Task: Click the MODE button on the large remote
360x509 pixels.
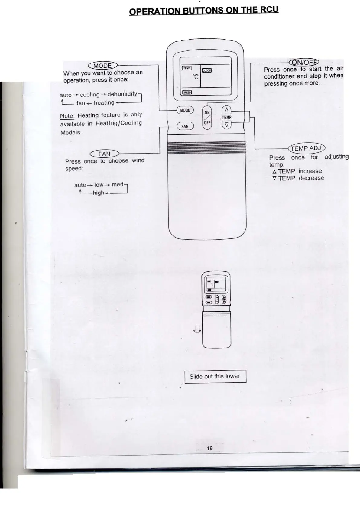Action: [x=185, y=110]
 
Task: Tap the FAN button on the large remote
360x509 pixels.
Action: [x=185, y=126]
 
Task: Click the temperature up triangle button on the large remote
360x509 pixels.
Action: [x=226, y=110]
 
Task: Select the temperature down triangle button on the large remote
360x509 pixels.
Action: [x=227, y=125]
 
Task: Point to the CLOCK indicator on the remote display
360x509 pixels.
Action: [x=207, y=70]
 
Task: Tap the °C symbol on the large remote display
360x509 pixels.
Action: [x=196, y=77]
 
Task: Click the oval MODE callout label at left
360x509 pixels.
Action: [x=103, y=66]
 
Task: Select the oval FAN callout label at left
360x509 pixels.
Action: [x=104, y=154]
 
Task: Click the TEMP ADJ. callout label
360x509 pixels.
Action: [x=306, y=148]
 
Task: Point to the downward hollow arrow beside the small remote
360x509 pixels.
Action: [x=197, y=329]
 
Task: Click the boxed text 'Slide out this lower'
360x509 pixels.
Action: [x=215, y=376]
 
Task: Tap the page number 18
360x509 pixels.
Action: [x=210, y=448]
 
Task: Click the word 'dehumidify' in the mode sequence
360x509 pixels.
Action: [x=122, y=94]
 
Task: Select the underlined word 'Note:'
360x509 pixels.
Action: [x=67, y=116]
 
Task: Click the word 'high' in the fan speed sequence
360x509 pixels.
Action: [x=98, y=193]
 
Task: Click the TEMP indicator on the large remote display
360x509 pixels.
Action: [x=186, y=68]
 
